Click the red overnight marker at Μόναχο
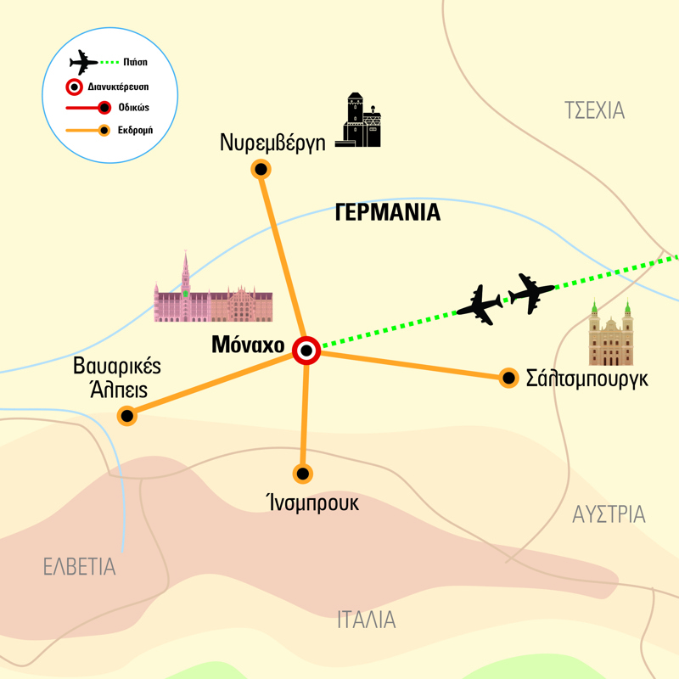[306, 350]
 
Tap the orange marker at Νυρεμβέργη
[261, 170]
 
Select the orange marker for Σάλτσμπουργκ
[508, 378]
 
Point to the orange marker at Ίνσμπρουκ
[301, 473]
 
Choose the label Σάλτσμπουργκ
[587, 379]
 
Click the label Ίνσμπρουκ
[311, 502]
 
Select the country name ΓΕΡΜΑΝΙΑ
[388, 212]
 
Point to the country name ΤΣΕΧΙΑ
[594, 109]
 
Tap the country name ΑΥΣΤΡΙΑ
[609, 513]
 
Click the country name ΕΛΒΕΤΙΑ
[80, 566]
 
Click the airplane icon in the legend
[84, 62]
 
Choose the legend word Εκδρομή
[133, 131]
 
